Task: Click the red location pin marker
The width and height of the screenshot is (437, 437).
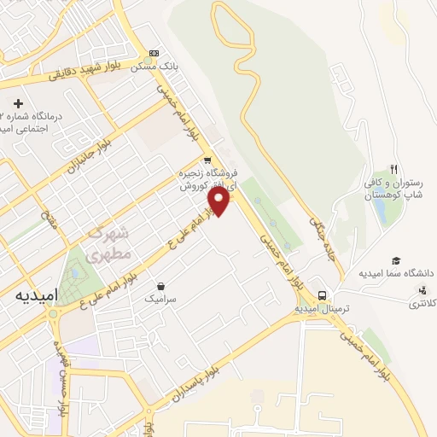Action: pos(219,201)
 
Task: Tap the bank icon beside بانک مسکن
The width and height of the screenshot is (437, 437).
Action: pos(154,52)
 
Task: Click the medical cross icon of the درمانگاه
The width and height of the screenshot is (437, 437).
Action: pos(7,103)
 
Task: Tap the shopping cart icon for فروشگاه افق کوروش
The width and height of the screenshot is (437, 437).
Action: pos(207,160)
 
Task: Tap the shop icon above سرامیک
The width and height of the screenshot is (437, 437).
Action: pos(160,287)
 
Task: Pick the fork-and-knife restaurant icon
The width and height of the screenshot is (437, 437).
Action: pos(393,169)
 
